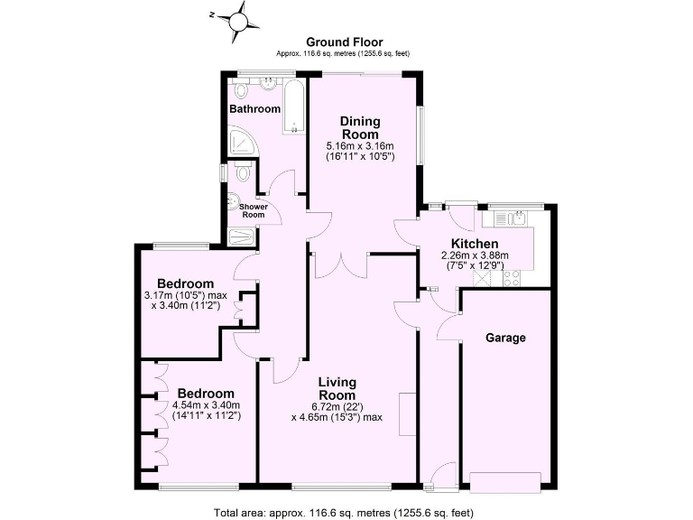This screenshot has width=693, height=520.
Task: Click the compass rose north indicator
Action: pos(239,17)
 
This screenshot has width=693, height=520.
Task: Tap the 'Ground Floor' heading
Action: pos(345,42)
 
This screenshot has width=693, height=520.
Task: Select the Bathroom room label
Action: pos(254,109)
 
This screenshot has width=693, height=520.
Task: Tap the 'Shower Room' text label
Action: pos(253,209)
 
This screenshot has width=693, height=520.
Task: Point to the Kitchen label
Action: pos(475,244)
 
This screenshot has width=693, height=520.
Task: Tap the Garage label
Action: pos(505,338)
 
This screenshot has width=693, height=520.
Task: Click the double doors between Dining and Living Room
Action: pos(342,263)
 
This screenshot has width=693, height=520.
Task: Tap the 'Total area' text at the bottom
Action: pos(343,511)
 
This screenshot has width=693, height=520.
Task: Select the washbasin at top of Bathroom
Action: pos(268,86)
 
